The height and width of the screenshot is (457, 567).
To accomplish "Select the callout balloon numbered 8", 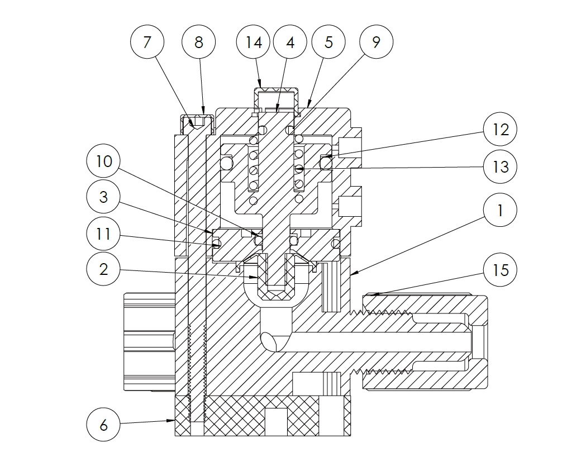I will point(199,42).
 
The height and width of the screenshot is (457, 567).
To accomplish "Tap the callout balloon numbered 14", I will point(254,42).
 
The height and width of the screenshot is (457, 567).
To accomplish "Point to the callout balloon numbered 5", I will point(328,42).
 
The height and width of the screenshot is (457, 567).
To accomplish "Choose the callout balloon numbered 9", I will point(376,42).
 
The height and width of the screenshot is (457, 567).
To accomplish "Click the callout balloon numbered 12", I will point(501,130).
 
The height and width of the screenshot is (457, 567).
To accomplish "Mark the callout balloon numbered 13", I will point(501,166).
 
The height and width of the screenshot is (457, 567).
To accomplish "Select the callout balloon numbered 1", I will point(501,211).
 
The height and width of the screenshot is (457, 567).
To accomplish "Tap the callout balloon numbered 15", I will point(501,270).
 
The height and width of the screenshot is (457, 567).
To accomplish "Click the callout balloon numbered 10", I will point(104,162).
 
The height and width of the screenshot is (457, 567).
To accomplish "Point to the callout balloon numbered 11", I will point(104,234).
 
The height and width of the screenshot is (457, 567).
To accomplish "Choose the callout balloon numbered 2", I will point(104,269).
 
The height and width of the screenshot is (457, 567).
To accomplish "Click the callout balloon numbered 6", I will point(104,425).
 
